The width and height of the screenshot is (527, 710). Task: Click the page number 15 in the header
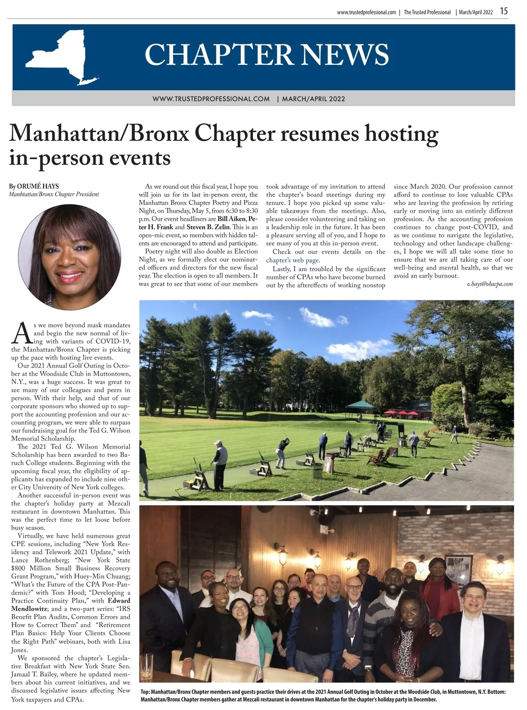point(504,11)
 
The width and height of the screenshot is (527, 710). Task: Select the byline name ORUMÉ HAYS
point(38,186)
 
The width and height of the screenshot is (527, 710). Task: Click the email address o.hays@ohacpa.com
point(490,284)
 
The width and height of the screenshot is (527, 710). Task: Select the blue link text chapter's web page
point(292,260)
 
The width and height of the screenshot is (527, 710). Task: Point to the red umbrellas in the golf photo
point(402,413)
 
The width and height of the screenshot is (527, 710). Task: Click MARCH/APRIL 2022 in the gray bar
point(314,99)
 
